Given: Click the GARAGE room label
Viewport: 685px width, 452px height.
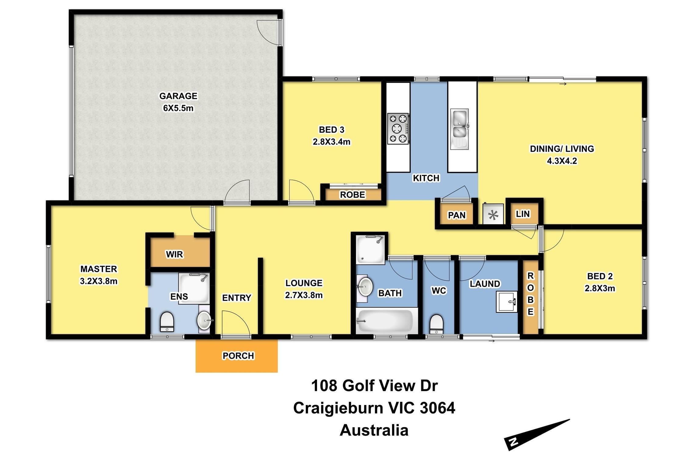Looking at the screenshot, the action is [x=178, y=96].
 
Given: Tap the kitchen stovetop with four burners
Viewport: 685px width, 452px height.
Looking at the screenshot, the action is [x=398, y=128].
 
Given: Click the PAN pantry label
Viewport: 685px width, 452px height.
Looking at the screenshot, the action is [x=456, y=215].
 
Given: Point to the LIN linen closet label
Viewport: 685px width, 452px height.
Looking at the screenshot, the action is [x=523, y=214].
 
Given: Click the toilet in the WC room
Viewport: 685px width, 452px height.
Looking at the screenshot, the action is [x=436, y=324].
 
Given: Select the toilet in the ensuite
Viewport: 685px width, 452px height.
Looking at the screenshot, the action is [x=167, y=321].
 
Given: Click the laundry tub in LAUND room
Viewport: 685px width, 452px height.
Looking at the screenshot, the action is [x=507, y=302].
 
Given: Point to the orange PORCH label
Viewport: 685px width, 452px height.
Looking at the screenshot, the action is [x=238, y=356].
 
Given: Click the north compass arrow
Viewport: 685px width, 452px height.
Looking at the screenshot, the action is [x=536, y=434].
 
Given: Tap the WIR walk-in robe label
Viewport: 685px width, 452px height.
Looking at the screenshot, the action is [x=174, y=254].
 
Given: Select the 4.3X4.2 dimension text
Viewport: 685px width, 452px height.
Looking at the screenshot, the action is [x=562, y=161].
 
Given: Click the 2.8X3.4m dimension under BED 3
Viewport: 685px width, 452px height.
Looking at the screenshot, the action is [x=331, y=142].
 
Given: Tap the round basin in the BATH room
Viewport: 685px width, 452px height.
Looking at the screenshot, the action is [x=365, y=286].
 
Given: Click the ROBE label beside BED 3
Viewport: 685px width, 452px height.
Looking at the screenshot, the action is [x=352, y=195].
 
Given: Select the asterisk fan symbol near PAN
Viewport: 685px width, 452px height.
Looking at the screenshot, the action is [x=493, y=215].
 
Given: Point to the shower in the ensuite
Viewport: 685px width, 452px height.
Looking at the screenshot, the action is [x=194, y=288].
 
